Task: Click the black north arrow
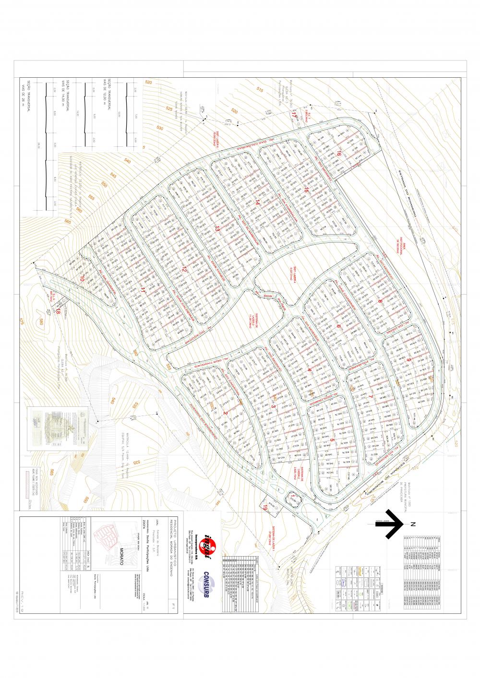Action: click(390, 523)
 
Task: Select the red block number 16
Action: click(339, 154)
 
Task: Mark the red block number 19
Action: click(264, 510)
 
